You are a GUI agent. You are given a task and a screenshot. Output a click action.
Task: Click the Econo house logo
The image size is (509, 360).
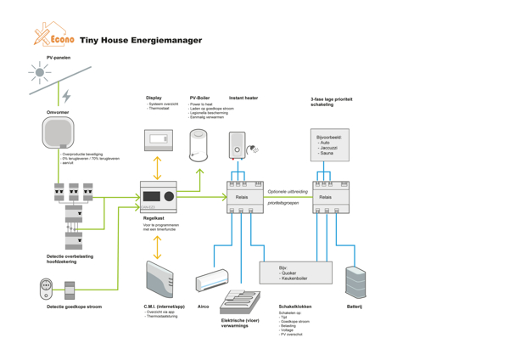tap(54, 36)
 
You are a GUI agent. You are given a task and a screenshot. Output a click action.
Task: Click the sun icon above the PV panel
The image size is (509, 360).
tap(39, 73)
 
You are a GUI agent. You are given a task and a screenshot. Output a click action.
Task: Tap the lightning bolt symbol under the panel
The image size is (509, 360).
tap(67, 96)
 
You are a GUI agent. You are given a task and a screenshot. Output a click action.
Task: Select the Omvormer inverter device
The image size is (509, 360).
tap(59, 133)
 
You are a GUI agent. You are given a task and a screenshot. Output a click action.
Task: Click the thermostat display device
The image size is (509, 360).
tap(158, 139)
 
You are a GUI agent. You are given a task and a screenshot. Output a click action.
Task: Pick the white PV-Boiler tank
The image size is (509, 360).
tap(199, 144)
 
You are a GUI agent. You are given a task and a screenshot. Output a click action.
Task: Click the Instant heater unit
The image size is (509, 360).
tap(238, 146)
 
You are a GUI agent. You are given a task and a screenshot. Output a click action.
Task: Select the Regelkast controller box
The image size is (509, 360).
tap(158, 196)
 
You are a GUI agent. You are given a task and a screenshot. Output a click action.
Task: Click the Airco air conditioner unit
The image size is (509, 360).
tap(211, 280)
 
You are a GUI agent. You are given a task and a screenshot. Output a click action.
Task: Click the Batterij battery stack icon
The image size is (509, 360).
tap(355, 282)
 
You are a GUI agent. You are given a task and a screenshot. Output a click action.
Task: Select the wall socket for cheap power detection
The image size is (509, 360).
tap(47, 287)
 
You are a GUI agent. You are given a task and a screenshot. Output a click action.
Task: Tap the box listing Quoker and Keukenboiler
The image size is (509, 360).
tap(295, 273)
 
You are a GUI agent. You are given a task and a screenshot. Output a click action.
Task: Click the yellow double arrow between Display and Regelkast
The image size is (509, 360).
tap(158, 167)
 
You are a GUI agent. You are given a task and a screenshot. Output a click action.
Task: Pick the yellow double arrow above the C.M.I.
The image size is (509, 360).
tap(158, 246)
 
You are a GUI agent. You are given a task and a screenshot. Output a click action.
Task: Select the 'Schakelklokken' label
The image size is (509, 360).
tap(295, 307)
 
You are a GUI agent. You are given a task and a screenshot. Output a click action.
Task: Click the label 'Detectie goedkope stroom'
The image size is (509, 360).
tap(74, 307)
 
